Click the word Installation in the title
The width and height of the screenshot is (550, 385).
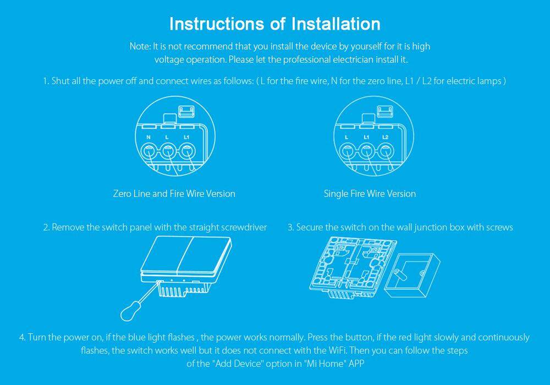coord(335,24)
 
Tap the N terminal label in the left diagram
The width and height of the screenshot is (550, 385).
coord(148,137)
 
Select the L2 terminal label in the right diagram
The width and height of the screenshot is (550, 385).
coord(385,137)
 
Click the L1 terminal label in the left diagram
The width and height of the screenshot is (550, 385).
coord(186,137)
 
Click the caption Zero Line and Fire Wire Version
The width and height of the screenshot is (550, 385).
coord(174,194)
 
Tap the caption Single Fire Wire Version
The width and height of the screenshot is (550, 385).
coord(370,194)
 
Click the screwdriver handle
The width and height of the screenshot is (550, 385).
coord(129,312)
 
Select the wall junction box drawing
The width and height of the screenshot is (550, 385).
coord(412,276)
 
